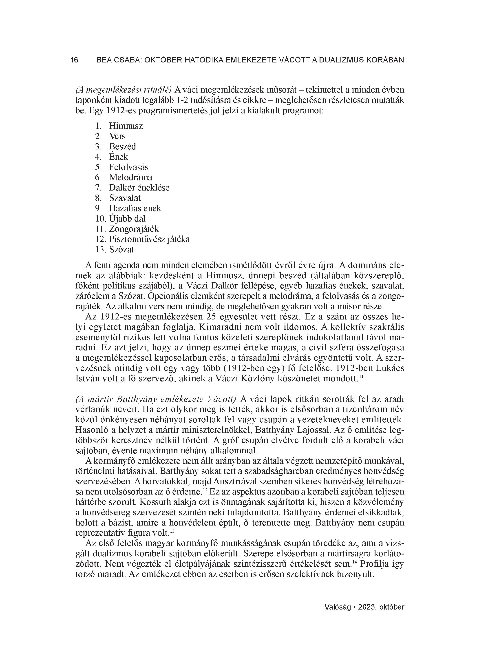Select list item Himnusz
click(126, 126)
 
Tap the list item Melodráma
click(131, 177)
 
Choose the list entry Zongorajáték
click(134, 229)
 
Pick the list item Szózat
click(121, 250)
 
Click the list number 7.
click(98, 188)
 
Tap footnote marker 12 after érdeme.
click(205, 490)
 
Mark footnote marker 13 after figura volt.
click(172, 531)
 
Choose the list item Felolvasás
click(129, 167)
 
